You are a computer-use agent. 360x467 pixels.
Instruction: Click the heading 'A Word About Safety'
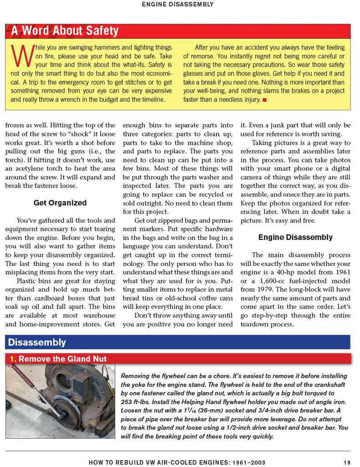pyautogui.click(x=64, y=31)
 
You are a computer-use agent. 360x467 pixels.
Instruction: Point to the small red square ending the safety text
pyautogui.click(x=264, y=99)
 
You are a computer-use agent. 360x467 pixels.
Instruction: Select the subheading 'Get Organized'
pyautogui.click(x=60, y=203)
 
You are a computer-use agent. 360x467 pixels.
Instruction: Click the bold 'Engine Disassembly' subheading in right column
pyautogui.click(x=295, y=237)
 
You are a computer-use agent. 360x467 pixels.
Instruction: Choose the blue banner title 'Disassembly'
pyautogui.click(x=37, y=342)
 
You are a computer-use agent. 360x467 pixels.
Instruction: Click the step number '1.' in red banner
pyautogui.click(x=13, y=359)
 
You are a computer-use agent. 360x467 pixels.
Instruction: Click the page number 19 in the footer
pyautogui.click(x=347, y=462)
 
